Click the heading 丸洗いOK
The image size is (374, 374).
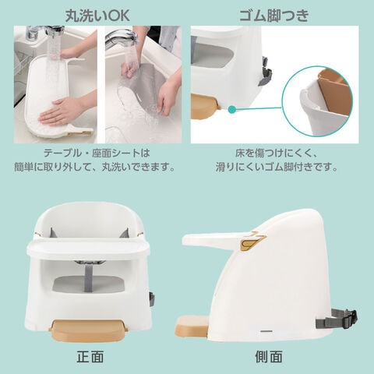tap(97, 16)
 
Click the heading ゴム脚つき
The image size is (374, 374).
tap(274, 16)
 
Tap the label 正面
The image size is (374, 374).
tap(90, 357)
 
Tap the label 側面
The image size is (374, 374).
tap(269, 357)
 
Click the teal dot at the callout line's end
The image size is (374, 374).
tap(232, 109)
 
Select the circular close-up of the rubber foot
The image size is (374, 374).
tap(317, 101)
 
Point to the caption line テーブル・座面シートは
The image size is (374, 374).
tap(97, 153)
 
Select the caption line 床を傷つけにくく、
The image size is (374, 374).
tap(276, 153)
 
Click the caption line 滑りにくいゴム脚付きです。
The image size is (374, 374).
tap(277, 167)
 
